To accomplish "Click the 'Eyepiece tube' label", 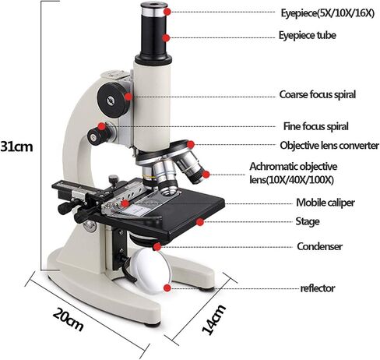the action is coord(308,36).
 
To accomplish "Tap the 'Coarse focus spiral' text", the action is coord(318,94).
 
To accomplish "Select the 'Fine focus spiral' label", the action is coord(315,126).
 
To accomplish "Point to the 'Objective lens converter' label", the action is coord(329,145).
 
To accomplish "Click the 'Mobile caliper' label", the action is coord(325,203).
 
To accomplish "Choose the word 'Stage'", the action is coord(308,222).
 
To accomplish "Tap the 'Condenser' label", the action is coord(319,246).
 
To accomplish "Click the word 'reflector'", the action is coord(318,288).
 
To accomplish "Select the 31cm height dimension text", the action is coord(17,146).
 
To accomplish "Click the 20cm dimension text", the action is coord(69,319).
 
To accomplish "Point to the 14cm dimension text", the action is coord(213,319).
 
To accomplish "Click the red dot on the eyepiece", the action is coord(167,12).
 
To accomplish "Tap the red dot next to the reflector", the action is coord(167,288).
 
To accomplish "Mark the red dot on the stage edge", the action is coord(199,222).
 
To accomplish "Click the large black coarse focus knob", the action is coord(113,99).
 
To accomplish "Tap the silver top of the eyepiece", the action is coord(154,9).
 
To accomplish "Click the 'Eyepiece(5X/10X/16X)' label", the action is coord(328,13).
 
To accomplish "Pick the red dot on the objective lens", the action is coord(206,175).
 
